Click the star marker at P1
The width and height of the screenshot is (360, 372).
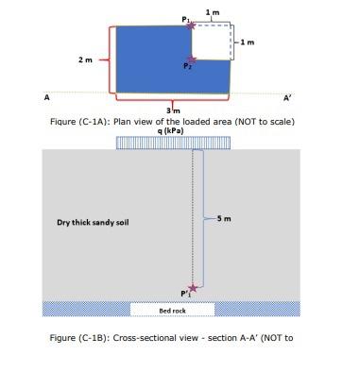point(192,25)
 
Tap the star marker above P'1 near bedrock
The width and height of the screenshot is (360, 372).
point(193,287)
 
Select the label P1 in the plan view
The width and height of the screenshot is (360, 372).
point(186,18)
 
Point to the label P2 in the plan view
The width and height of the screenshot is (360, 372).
point(188,68)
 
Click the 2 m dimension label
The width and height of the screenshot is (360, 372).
point(85,60)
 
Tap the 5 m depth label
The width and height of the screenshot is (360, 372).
point(224,219)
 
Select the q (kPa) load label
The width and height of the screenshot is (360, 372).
point(173,130)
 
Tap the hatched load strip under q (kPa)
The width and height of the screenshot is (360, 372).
point(173,142)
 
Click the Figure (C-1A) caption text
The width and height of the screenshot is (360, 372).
point(173,121)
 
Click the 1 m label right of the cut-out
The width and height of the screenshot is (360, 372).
point(248,42)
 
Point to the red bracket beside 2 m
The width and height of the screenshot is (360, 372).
point(111,60)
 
